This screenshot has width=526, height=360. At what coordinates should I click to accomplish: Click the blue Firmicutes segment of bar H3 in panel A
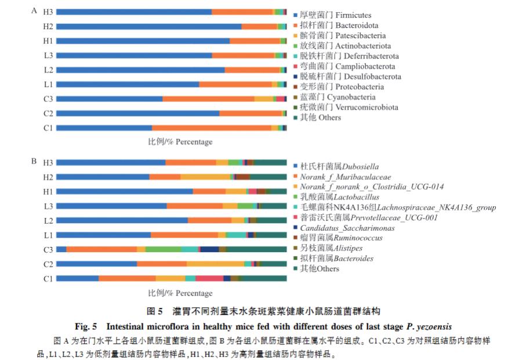pyautogui.click(x=133, y=12)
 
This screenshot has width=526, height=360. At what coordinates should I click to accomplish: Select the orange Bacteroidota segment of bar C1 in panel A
pyautogui.click(x=211, y=128)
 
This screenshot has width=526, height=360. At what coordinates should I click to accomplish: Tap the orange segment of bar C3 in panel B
pyautogui.click(x=101, y=249)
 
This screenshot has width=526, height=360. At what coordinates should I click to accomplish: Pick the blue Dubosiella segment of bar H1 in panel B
pyautogui.click(x=124, y=191)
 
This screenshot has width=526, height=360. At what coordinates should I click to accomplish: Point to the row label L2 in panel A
pyautogui.click(x=48, y=70)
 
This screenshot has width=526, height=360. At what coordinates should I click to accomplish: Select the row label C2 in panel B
pyautogui.click(x=48, y=264)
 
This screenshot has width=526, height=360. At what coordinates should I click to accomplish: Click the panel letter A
pyautogui.click(x=34, y=10)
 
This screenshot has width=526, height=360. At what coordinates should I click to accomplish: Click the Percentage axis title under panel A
pyautogui.click(x=180, y=142)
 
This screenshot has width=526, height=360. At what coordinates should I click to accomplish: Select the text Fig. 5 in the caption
pyautogui.click(x=86, y=325)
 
